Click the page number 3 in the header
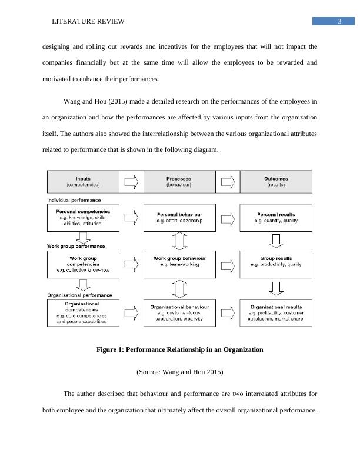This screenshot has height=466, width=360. (339, 22)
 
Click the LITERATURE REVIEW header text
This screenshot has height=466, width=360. (88, 22)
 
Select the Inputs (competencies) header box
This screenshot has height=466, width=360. (83, 181)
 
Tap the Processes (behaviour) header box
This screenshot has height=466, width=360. (179, 181)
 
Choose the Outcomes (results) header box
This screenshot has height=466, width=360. (276, 181)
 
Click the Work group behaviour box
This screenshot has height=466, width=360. (179, 263)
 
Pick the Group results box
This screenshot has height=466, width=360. (276, 263)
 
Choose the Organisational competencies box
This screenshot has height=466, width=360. (83, 312)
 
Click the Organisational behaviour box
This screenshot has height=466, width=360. (179, 312)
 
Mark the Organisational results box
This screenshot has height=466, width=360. (276, 312)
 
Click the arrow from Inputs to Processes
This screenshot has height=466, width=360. (131, 181)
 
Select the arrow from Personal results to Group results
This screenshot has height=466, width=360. (276, 240)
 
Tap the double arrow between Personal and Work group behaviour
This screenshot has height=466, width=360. (179, 240)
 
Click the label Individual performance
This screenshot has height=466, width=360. (75, 200)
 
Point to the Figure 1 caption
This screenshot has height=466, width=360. (179, 349)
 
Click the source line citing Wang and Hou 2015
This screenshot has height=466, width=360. (179, 372)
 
